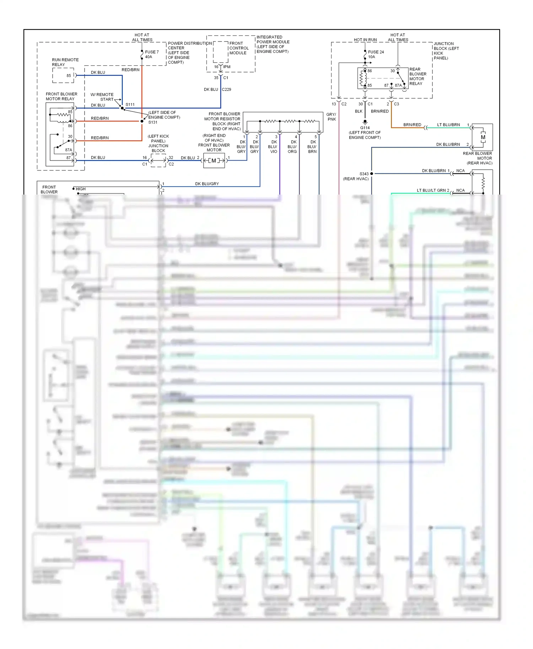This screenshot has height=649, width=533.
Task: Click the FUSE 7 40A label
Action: point(152,54)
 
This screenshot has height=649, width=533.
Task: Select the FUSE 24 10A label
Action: point(376,54)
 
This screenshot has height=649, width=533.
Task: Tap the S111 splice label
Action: point(130,105)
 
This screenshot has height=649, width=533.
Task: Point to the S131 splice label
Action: point(153,122)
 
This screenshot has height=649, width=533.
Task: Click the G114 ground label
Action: point(365,128)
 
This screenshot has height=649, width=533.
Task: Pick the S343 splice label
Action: point(364,174)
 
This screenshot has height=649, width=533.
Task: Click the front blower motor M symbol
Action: point(214,161)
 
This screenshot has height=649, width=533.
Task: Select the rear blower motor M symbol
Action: point(483,137)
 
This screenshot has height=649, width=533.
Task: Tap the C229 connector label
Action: point(226,89)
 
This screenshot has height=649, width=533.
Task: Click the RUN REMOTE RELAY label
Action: point(65,62)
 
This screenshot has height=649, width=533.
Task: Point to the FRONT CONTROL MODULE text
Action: point(238,48)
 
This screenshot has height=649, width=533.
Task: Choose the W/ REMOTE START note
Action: point(102,97)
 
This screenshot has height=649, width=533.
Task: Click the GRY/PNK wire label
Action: point(331,117)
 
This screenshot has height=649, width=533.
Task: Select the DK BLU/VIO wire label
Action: point(273,147)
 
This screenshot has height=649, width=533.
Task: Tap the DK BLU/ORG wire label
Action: point(292,147)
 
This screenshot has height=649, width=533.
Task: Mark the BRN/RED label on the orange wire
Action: point(412,125)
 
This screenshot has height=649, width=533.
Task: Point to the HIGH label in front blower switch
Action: point(81,189)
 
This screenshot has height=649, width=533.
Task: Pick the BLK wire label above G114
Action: point(359,111)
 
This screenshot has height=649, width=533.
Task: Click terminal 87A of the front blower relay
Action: point(69,150)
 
